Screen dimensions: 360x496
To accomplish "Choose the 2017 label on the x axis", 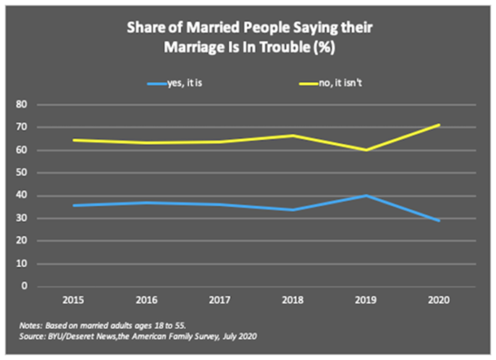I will [x=220, y=300].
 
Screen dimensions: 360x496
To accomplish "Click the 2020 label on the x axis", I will [x=439, y=300].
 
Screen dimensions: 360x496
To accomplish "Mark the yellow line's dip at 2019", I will [x=366, y=150].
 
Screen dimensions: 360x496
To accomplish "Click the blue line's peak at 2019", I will [x=366, y=195].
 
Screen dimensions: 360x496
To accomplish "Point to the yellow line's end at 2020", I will [x=439, y=125].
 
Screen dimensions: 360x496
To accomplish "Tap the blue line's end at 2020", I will [x=439, y=220].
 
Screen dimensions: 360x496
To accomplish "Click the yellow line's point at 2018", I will [x=293, y=135].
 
